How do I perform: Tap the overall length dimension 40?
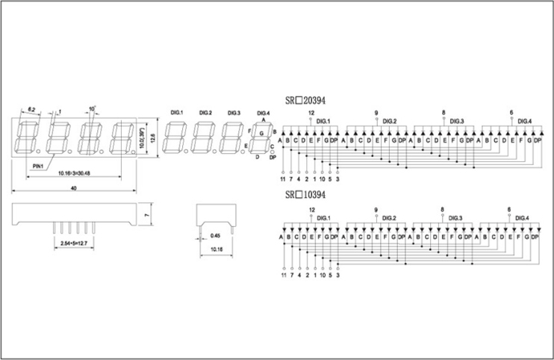point(74,189)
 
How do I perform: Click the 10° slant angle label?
point(92,108)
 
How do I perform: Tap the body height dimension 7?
point(147,215)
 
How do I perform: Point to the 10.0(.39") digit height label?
point(142,137)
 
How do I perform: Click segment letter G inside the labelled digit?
point(261,133)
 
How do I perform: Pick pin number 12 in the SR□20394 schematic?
point(311,113)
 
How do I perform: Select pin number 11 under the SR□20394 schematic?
point(283,179)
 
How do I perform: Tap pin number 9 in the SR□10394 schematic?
point(376,210)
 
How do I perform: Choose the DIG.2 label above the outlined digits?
point(205,113)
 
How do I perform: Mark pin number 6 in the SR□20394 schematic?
point(511,113)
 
